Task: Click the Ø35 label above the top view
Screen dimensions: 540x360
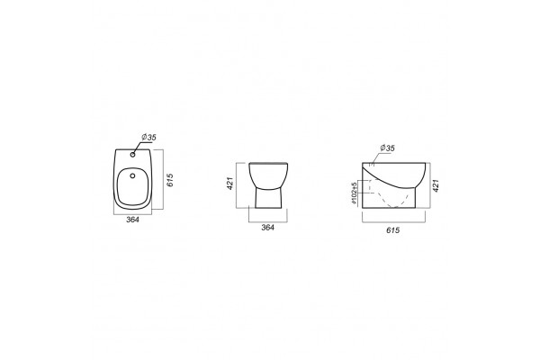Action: point(148,137)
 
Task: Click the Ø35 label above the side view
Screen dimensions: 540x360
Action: point(387,148)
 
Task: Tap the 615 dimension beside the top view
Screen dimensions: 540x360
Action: point(170,180)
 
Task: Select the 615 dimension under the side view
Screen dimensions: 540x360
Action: point(393,230)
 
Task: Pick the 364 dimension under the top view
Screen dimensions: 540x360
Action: point(132,220)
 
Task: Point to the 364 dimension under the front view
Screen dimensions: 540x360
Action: point(268,228)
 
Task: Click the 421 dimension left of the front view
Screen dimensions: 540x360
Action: point(230,184)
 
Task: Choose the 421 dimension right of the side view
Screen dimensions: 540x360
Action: point(436,185)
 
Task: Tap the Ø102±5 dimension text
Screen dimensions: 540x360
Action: point(355,193)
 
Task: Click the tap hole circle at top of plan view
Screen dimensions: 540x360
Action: point(133,155)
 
